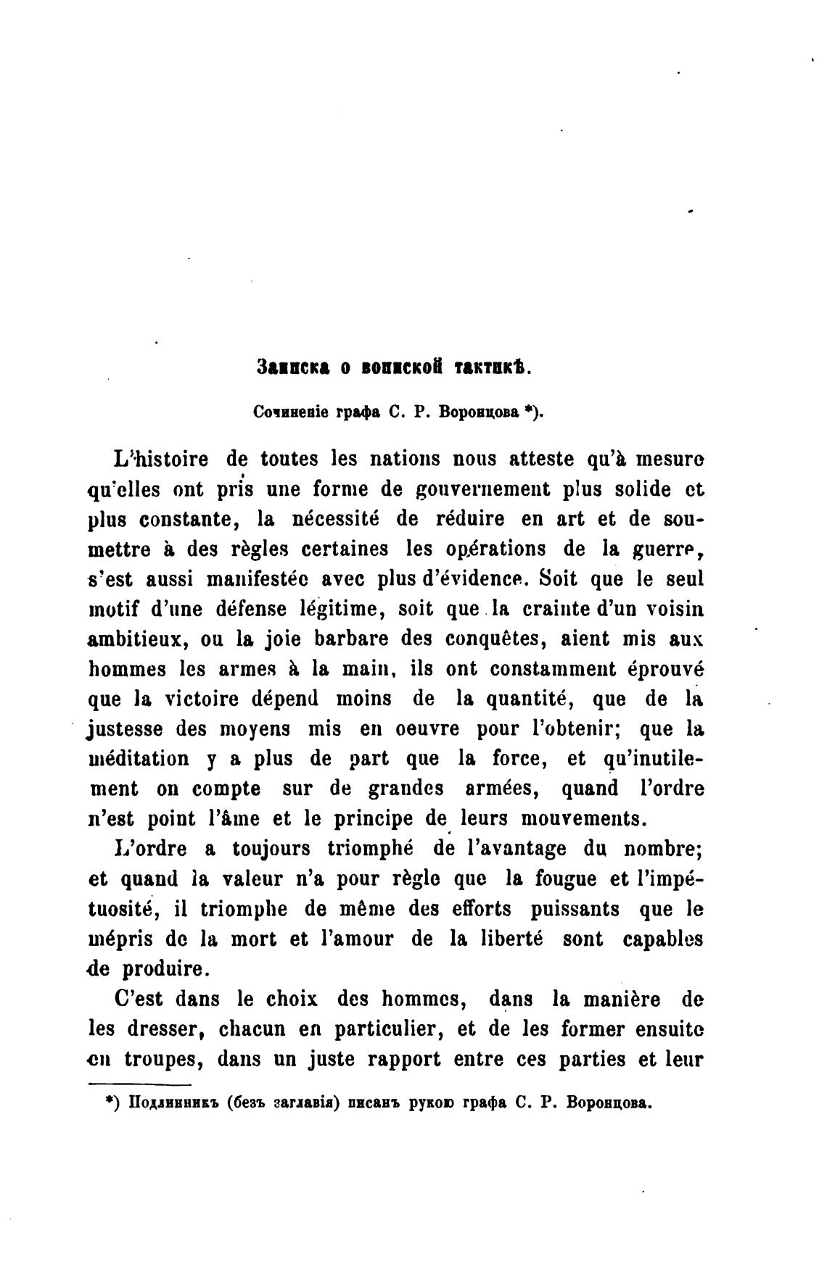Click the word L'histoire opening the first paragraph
tap(162, 460)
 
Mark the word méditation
tap(139, 760)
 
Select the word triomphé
tap(369, 849)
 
